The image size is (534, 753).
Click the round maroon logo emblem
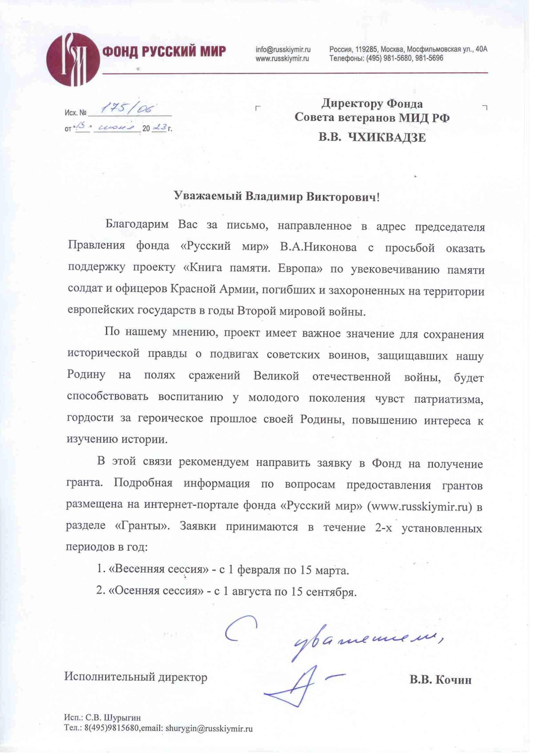(x=73, y=59)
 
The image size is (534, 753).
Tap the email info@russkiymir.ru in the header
(x=283, y=49)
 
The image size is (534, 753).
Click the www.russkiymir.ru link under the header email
(x=282, y=58)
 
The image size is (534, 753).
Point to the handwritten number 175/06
(x=128, y=108)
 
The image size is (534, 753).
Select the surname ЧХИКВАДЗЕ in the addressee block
(x=386, y=137)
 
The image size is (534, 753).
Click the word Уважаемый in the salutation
(x=207, y=196)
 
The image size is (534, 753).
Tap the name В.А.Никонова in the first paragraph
(x=318, y=247)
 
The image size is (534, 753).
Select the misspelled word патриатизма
(x=448, y=399)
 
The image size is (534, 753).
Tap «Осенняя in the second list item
(x=132, y=591)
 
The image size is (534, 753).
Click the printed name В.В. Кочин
(x=441, y=680)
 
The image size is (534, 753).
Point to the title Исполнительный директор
(x=136, y=677)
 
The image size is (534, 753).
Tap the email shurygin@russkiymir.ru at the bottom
(x=209, y=729)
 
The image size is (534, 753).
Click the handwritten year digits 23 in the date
(x=159, y=128)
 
